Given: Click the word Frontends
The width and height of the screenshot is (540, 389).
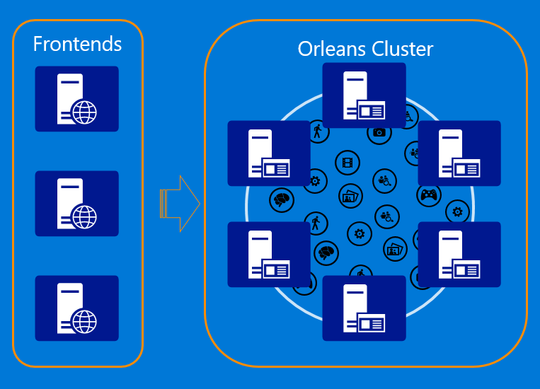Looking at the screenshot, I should (77, 44).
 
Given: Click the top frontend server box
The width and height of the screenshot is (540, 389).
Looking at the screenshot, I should (77, 99).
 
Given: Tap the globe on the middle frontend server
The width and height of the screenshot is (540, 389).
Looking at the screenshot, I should (85, 216).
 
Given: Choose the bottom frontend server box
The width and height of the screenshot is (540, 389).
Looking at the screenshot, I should (77, 308).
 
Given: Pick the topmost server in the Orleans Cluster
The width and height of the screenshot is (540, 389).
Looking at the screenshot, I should (364, 95).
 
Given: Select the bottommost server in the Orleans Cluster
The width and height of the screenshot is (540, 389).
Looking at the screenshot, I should (364, 308).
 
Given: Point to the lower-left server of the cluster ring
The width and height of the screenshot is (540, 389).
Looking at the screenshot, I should (269, 255).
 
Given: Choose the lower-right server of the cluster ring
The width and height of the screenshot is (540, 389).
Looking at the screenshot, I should (459, 255).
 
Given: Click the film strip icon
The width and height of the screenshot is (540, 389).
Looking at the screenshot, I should (346, 163).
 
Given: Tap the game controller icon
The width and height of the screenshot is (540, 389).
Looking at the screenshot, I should (429, 195).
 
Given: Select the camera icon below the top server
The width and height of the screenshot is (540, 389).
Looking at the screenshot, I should (379, 132).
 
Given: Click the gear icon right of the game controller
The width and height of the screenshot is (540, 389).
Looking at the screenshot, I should (458, 211).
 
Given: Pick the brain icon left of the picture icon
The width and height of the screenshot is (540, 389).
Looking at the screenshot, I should (282, 199).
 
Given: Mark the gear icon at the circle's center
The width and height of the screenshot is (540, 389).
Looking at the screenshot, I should (360, 233).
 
